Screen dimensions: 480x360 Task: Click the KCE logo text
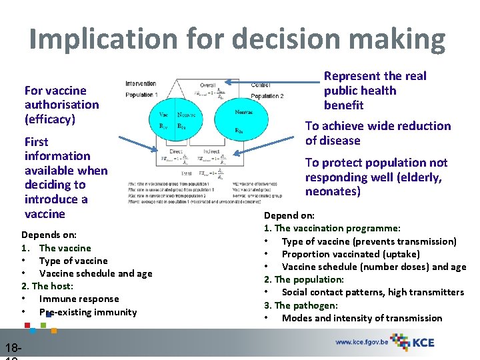423,342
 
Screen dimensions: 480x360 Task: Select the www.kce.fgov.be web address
361,342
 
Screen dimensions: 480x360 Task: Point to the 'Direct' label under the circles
175,152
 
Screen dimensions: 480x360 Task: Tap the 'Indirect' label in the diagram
212,152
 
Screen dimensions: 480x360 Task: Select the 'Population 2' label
267,96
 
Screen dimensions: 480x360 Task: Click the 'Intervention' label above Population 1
141,84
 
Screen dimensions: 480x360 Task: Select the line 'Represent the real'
375,76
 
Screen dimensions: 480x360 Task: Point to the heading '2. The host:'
47,286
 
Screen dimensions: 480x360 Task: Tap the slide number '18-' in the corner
13,347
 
